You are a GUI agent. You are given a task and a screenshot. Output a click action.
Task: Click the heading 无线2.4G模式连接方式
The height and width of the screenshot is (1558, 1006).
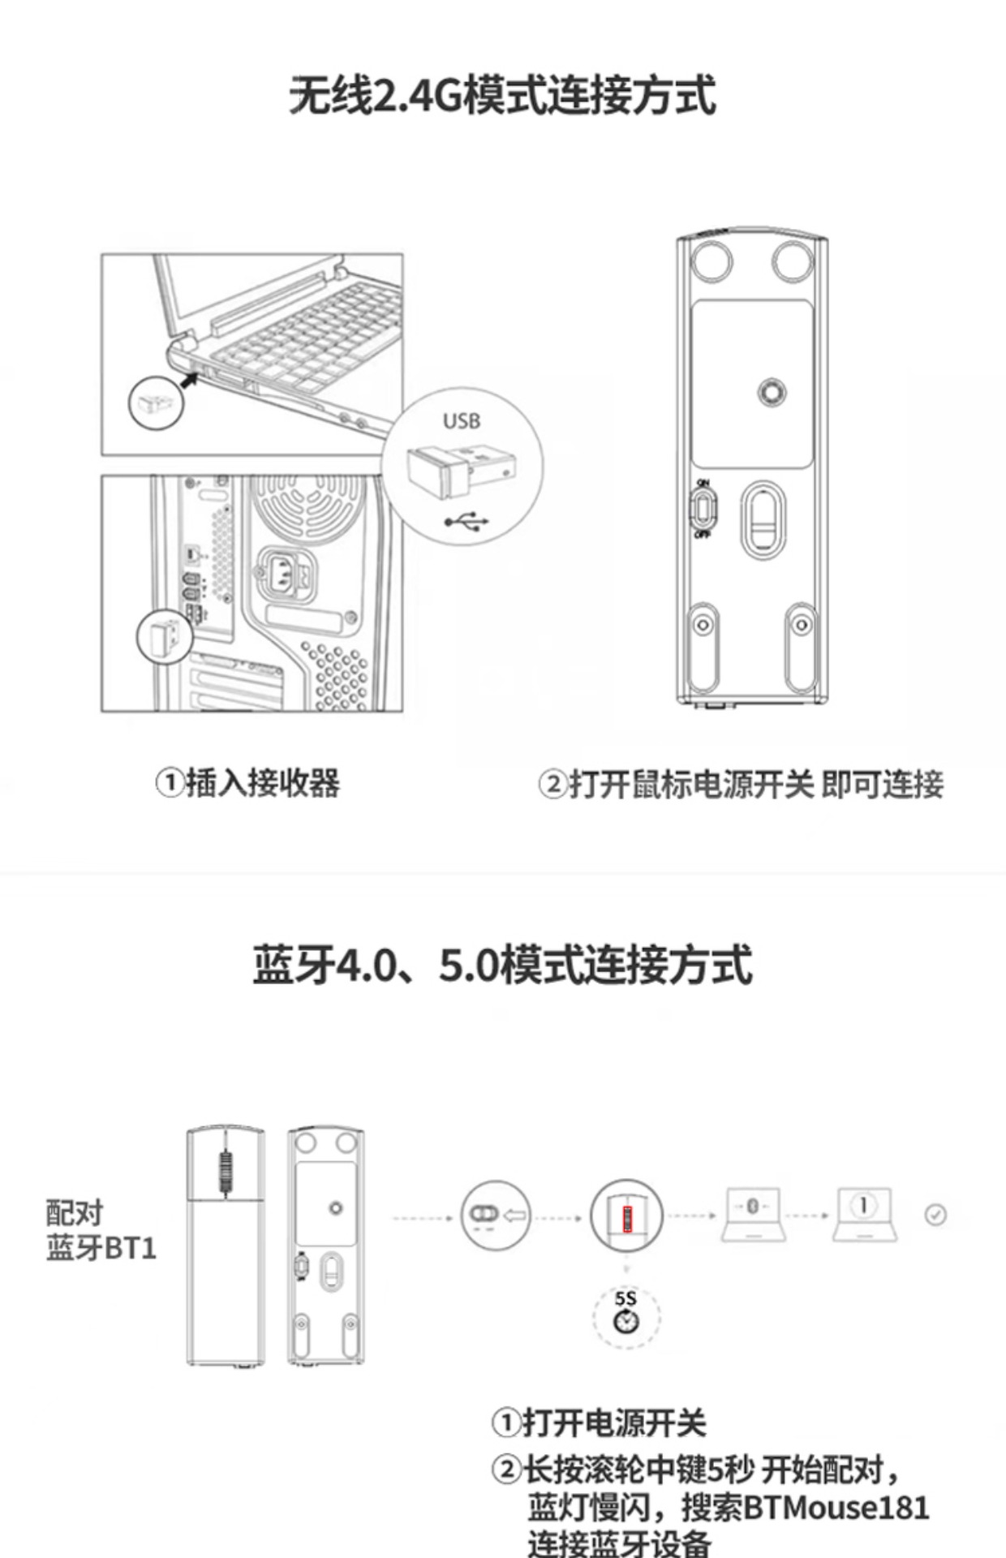503,96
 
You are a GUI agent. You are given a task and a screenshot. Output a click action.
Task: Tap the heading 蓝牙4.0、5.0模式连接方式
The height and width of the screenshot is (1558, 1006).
503,965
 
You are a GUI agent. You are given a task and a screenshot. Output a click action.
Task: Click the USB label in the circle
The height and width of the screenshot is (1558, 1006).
462,420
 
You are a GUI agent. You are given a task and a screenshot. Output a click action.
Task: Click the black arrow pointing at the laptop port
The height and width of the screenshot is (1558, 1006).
189,378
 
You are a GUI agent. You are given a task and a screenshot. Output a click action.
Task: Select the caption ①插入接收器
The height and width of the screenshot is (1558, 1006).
247,783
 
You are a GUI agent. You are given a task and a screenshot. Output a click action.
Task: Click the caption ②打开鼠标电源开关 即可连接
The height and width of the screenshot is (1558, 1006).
741,785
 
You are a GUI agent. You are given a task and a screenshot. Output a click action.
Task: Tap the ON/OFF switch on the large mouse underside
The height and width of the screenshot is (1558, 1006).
703,509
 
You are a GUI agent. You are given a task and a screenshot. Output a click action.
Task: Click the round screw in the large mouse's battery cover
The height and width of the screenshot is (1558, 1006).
772,392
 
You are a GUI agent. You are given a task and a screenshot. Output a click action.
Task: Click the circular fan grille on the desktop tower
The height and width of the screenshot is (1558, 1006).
307,508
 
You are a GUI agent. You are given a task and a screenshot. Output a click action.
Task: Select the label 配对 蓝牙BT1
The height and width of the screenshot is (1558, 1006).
101,1231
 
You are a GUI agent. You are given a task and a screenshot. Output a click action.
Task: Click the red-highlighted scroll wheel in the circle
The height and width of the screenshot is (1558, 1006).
626,1218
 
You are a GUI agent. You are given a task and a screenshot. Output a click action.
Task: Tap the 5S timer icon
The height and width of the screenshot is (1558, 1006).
626,1312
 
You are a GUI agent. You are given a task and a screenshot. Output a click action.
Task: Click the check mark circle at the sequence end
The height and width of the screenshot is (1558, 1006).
935,1215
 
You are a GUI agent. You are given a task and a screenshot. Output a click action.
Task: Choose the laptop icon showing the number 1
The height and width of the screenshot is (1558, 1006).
864,1213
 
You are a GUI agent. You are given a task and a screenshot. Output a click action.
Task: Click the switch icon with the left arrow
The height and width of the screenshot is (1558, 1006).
496,1215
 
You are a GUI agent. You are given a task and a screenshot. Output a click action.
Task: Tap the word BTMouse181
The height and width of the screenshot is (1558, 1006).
836,1508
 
